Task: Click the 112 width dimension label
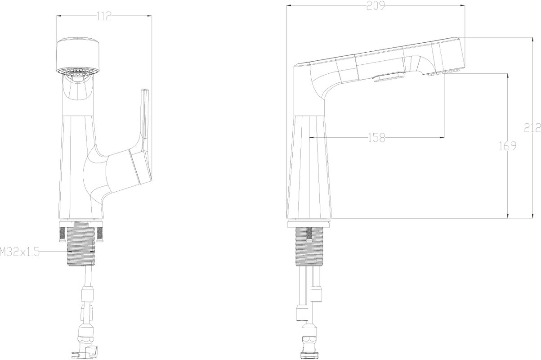pos(104,16)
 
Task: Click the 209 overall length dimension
pos(376,5)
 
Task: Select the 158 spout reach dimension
pos(376,138)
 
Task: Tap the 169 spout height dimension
pos(507,146)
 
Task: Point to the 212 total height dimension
pos(532,128)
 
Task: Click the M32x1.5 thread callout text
pos(19,252)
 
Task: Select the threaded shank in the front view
pos(81,243)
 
